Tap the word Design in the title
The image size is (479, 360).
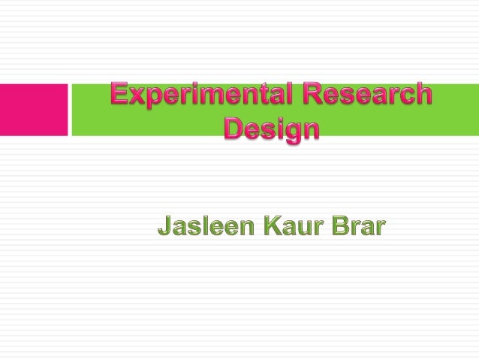pyautogui.click(x=272, y=129)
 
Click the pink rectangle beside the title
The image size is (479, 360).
pyautogui.click(x=34, y=110)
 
